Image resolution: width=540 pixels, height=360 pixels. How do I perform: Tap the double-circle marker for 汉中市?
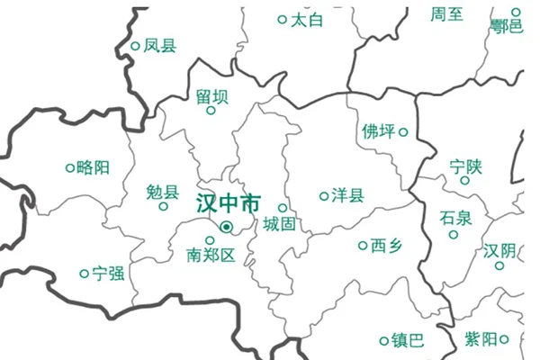click(x=226, y=227)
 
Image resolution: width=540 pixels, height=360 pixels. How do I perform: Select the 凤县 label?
click(x=160, y=45)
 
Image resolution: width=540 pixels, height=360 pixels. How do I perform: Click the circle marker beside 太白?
click(x=282, y=19)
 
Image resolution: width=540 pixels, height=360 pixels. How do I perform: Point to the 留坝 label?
click(x=211, y=95)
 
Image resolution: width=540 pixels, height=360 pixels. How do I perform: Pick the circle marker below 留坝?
click(x=211, y=111)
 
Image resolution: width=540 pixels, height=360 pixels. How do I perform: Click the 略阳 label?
click(x=94, y=166)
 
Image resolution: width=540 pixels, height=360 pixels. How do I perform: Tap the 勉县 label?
click(x=162, y=191)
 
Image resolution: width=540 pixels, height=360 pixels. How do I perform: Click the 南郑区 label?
click(x=210, y=256)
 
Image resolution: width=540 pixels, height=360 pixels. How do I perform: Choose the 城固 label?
click(x=279, y=225)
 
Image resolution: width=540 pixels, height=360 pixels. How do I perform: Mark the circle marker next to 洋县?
click(x=324, y=195)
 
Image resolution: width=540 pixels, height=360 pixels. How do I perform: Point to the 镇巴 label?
click(x=408, y=340)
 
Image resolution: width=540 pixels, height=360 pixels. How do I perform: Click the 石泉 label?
click(x=455, y=217)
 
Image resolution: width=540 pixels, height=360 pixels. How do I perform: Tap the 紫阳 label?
click(x=481, y=339)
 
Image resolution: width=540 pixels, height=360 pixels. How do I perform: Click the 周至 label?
click(x=447, y=13)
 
